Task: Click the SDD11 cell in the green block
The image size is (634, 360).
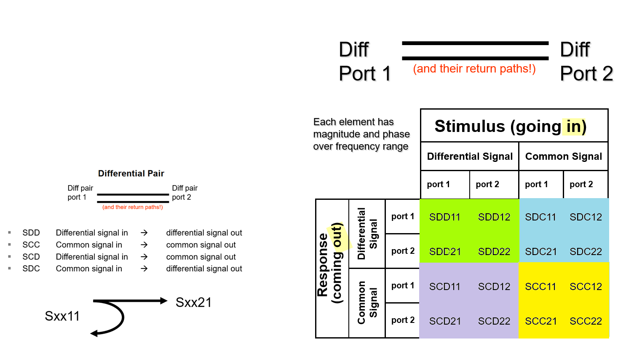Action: [x=444, y=217]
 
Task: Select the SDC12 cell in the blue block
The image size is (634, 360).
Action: [x=586, y=217]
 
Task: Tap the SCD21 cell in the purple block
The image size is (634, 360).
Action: [x=444, y=321]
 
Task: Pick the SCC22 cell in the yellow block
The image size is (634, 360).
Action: [x=586, y=321]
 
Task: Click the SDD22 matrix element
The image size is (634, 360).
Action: [x=494, y=252]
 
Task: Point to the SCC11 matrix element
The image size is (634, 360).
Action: [x=540, y=287]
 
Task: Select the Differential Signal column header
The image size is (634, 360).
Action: [x=470, y=156]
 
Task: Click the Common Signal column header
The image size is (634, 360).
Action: [x=563, y=156]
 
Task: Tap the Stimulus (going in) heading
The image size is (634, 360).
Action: [x=510, y=126]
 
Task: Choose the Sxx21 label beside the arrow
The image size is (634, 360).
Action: [x=193, y=302]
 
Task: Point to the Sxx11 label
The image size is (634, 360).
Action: [x=62, y=316]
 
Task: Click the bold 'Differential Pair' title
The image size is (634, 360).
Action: [x=131, y=173]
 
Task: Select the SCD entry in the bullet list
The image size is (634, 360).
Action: [x=31, y=257]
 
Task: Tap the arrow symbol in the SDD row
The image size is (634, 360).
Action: [x=144, y=233]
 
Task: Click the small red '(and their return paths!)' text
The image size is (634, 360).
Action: [x=132, y=207]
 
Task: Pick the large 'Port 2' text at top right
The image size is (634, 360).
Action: [x=586, y=74]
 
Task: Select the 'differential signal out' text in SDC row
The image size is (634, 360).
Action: [x=204, y=269]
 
